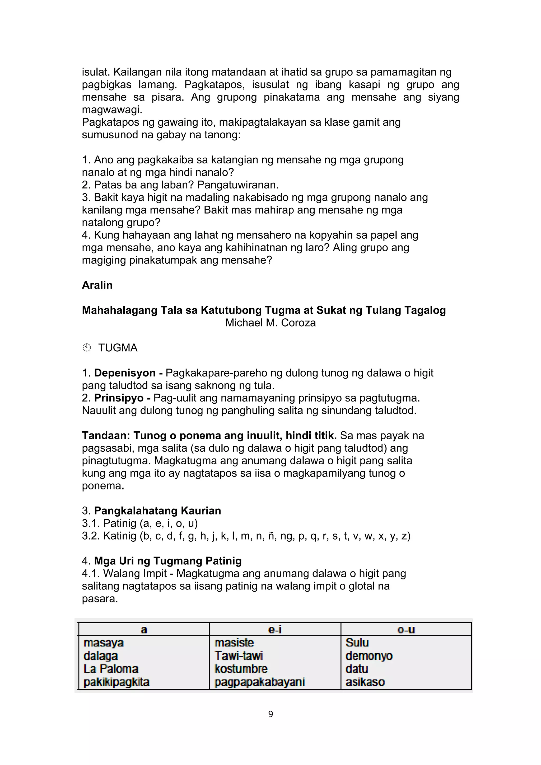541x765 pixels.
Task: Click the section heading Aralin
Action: point(97,285)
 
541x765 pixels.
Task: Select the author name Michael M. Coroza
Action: point(270,323)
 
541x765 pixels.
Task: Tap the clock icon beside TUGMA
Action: point(87,348)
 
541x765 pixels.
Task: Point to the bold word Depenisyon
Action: point(125,373)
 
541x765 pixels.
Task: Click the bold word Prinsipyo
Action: point(119,398)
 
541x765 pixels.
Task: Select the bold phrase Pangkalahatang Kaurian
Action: point(157,511)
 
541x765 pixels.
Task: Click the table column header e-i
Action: point(275,629)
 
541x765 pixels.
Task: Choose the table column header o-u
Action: point(406,629)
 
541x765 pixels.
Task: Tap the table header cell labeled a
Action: point(144,629)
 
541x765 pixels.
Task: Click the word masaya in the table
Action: point(103,643)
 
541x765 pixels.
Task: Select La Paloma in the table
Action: point(111,669)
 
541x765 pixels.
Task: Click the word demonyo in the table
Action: point(369,656)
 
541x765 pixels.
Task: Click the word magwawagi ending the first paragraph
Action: point(112,110)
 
